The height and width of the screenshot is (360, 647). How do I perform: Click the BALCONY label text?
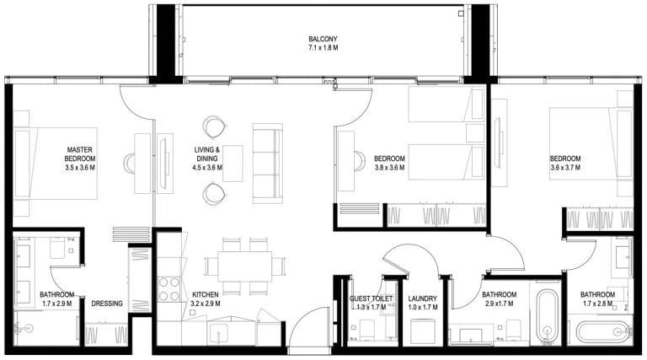(x=323, y=39)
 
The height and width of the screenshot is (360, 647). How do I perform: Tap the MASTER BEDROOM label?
(x=80, y=154)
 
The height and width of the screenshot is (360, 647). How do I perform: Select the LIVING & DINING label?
(x=207, y=154)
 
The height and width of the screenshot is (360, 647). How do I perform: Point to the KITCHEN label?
(x=206, y=295)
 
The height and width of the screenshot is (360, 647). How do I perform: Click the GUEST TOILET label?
(x=371, y=298)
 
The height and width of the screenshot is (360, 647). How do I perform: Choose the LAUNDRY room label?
(x=423, y=298)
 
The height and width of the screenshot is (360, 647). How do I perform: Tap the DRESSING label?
(x=107, y=304)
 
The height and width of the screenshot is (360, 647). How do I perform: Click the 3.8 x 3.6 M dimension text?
(x=389, y=168)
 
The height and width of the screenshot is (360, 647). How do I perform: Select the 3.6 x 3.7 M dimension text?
(x=565, y=168)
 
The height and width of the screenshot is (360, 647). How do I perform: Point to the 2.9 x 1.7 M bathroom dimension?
(x=500, y=304)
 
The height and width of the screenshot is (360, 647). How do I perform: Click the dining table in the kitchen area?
(x=244, y=266)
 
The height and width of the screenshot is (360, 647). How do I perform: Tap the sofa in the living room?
(x=268, y=164)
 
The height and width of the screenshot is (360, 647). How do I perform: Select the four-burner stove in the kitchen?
(x=169, y=289)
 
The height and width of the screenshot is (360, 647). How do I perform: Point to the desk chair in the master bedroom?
(x=129, y=164)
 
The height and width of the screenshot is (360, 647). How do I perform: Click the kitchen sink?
(x=218, y=333)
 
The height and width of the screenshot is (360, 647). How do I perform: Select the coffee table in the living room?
(x=233, y=164)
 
